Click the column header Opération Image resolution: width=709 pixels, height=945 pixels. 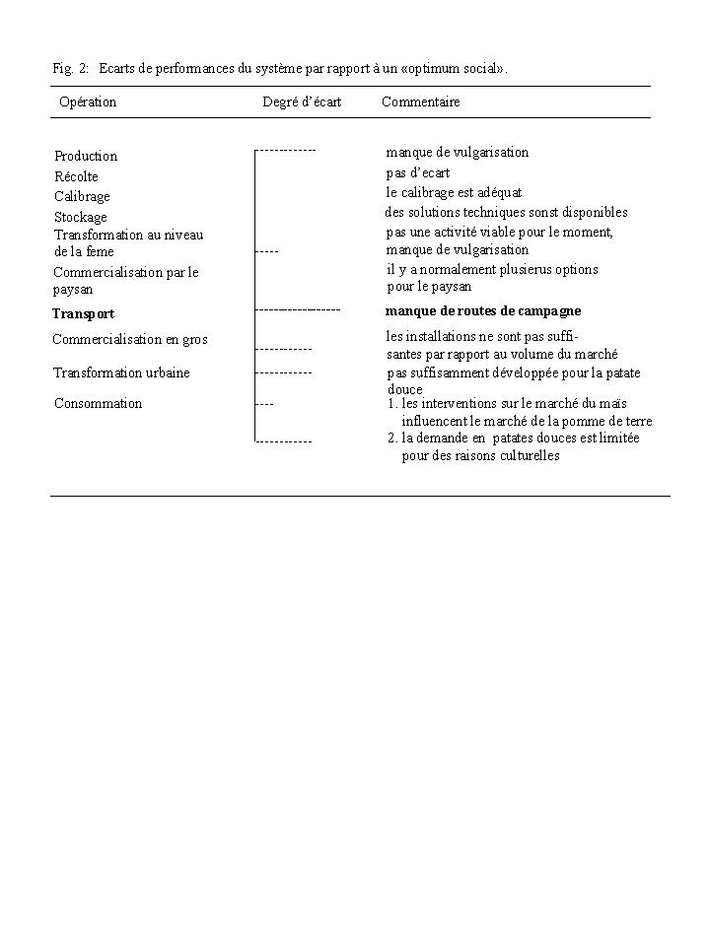point(88,101)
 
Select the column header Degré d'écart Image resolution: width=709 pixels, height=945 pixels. point(302,101)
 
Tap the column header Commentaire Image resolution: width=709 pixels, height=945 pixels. point(421,101)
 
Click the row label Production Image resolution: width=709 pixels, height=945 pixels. point(86,156)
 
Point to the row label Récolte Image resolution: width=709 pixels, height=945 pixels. point(76,176)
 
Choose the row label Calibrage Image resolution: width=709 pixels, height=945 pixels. point(82,196)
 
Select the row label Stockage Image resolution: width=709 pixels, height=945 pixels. point(81,217)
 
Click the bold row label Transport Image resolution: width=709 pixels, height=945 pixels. point(83,313)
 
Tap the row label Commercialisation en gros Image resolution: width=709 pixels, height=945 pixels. point(130,339)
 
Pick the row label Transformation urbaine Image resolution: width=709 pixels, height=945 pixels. point(121,372)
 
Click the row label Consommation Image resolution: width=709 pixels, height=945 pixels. point(98,403)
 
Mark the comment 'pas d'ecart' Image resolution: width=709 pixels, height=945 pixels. point(418,172)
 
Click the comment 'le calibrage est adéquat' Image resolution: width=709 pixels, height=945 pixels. point(454,192)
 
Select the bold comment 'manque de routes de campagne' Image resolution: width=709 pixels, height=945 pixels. point(483,310)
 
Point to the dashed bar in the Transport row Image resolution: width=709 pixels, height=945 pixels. point(298,309)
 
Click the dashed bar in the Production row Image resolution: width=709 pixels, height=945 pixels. point(286,150)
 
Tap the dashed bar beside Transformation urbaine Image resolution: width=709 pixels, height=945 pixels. point(284,373)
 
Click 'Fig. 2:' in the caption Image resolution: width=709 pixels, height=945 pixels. point(71,68)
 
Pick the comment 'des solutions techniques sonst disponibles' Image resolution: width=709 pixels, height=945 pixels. point(506,212)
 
